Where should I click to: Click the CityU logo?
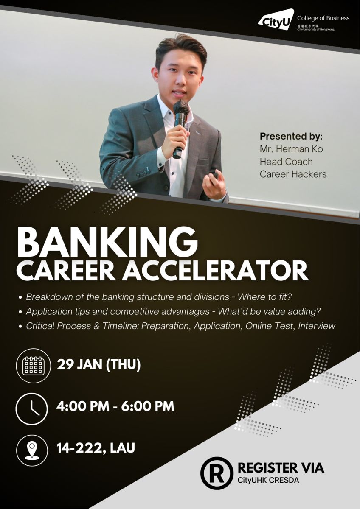coord(276,20)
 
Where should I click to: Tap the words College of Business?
coord(323,18)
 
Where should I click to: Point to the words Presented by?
coord(291,136)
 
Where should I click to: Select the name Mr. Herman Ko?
coord(291,149)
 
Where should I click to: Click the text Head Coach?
coord(286,162)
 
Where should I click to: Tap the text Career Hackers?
coord(293,174)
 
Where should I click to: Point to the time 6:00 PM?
coord(148,406)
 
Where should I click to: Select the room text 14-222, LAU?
coord(96,448)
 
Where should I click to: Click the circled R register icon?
coord(217,473)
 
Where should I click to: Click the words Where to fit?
coord(264,297)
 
